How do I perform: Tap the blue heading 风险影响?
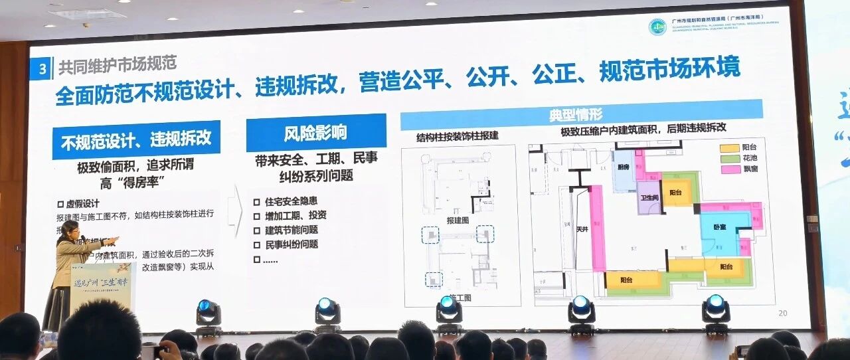point(315,132)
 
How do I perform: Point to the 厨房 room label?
point(622,167)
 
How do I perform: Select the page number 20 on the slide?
point(782,313)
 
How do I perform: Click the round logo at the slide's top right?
point(657,28)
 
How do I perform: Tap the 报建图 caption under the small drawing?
point(457,219)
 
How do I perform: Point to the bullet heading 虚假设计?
point(81,204)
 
